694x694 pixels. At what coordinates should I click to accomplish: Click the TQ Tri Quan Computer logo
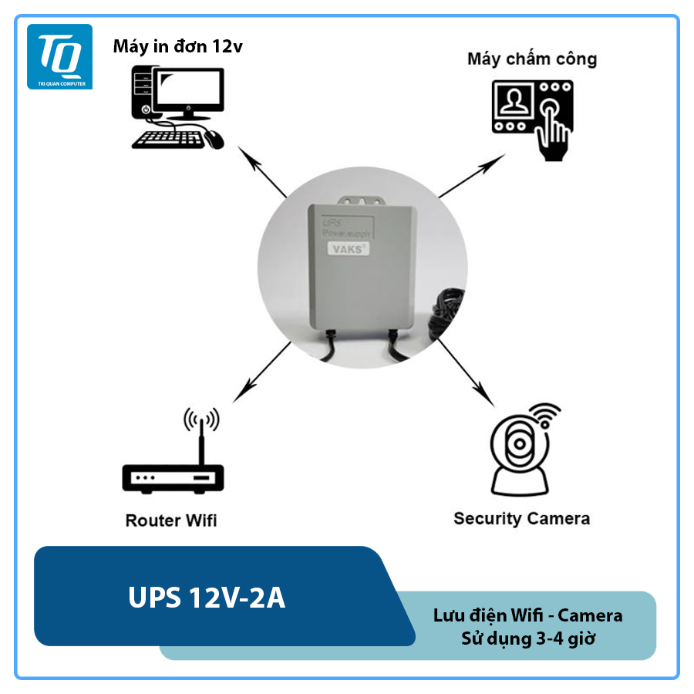(59, 56)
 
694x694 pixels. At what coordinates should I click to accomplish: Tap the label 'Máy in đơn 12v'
(177, 47)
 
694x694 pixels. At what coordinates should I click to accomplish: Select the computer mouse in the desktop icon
(214, 139)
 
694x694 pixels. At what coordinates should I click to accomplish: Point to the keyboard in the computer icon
(168, 140)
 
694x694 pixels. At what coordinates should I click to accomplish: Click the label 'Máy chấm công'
(532, 59)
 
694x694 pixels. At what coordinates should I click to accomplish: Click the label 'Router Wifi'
(171, 520)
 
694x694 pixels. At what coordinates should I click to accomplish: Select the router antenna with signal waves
(200, 432)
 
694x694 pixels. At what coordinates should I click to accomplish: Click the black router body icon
(173, 477)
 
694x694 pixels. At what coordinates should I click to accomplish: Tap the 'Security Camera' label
(521, 518)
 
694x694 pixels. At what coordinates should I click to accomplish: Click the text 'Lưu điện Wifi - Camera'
(527, 615)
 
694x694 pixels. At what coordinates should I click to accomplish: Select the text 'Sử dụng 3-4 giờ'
(527, 639)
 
